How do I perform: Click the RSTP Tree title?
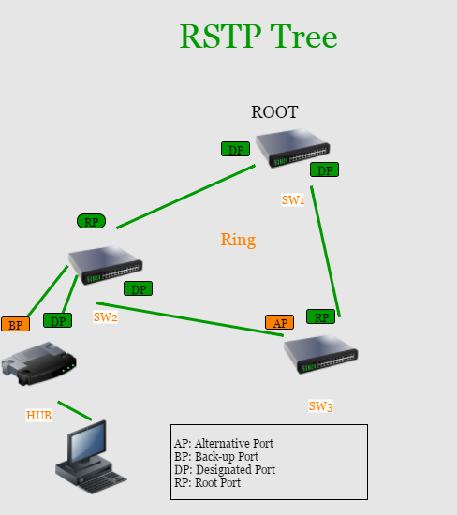point(258,37)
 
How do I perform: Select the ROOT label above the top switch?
point(274,112)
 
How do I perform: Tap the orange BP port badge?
point(15,324)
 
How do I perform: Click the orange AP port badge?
point(280,322)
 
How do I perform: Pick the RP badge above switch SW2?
point(92,221)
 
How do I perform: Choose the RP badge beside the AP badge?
point(321,316)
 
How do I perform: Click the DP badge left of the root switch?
point(236,149)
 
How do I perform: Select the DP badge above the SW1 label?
point(325,169)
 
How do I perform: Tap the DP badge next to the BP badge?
point(57,320)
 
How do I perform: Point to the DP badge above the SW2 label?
point(139,288)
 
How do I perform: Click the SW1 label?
point(293,199)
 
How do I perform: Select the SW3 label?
point(320,406)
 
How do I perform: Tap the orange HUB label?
point(38,415)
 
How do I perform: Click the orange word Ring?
point(238,240)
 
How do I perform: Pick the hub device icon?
point(38,363)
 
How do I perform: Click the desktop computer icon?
point(91,457)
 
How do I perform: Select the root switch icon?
point(293,148)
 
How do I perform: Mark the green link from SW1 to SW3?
point(325,252)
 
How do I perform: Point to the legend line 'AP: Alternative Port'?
point(224,444)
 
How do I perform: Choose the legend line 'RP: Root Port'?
point(207,483)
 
